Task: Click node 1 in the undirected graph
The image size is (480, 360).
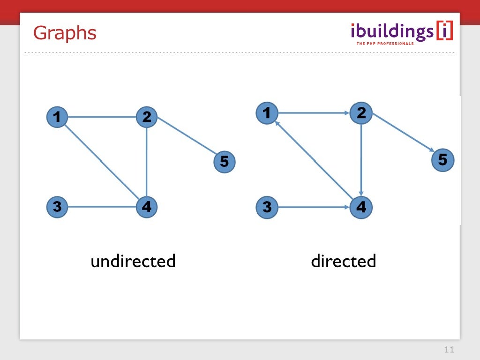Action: [57, 117]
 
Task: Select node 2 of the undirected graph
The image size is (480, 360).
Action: [147, 117]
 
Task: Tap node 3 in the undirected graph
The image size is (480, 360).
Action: [57, 207]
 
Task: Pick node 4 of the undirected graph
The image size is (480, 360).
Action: [147, 207]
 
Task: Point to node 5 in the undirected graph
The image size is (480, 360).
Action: [224, 162]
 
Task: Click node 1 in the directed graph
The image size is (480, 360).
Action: [267, 112]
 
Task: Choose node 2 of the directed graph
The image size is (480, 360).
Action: [361, 112]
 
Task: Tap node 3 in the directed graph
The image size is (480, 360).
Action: [267, 207]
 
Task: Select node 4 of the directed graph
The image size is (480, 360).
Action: [361, 207]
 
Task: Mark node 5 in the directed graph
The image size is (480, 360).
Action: [442, 160]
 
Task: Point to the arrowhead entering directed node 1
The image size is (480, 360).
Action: [277, 123]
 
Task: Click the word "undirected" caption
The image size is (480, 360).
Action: [133, 261]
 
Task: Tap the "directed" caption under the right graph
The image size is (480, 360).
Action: [343, 261]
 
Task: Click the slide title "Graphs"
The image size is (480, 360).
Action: [65, 33]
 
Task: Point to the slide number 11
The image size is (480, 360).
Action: [449, 350]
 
